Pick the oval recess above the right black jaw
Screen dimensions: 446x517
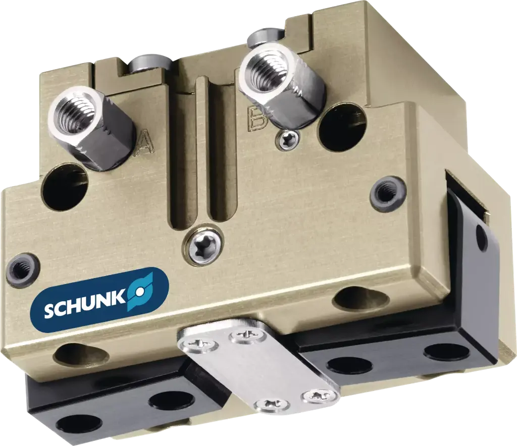pos(360,299)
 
